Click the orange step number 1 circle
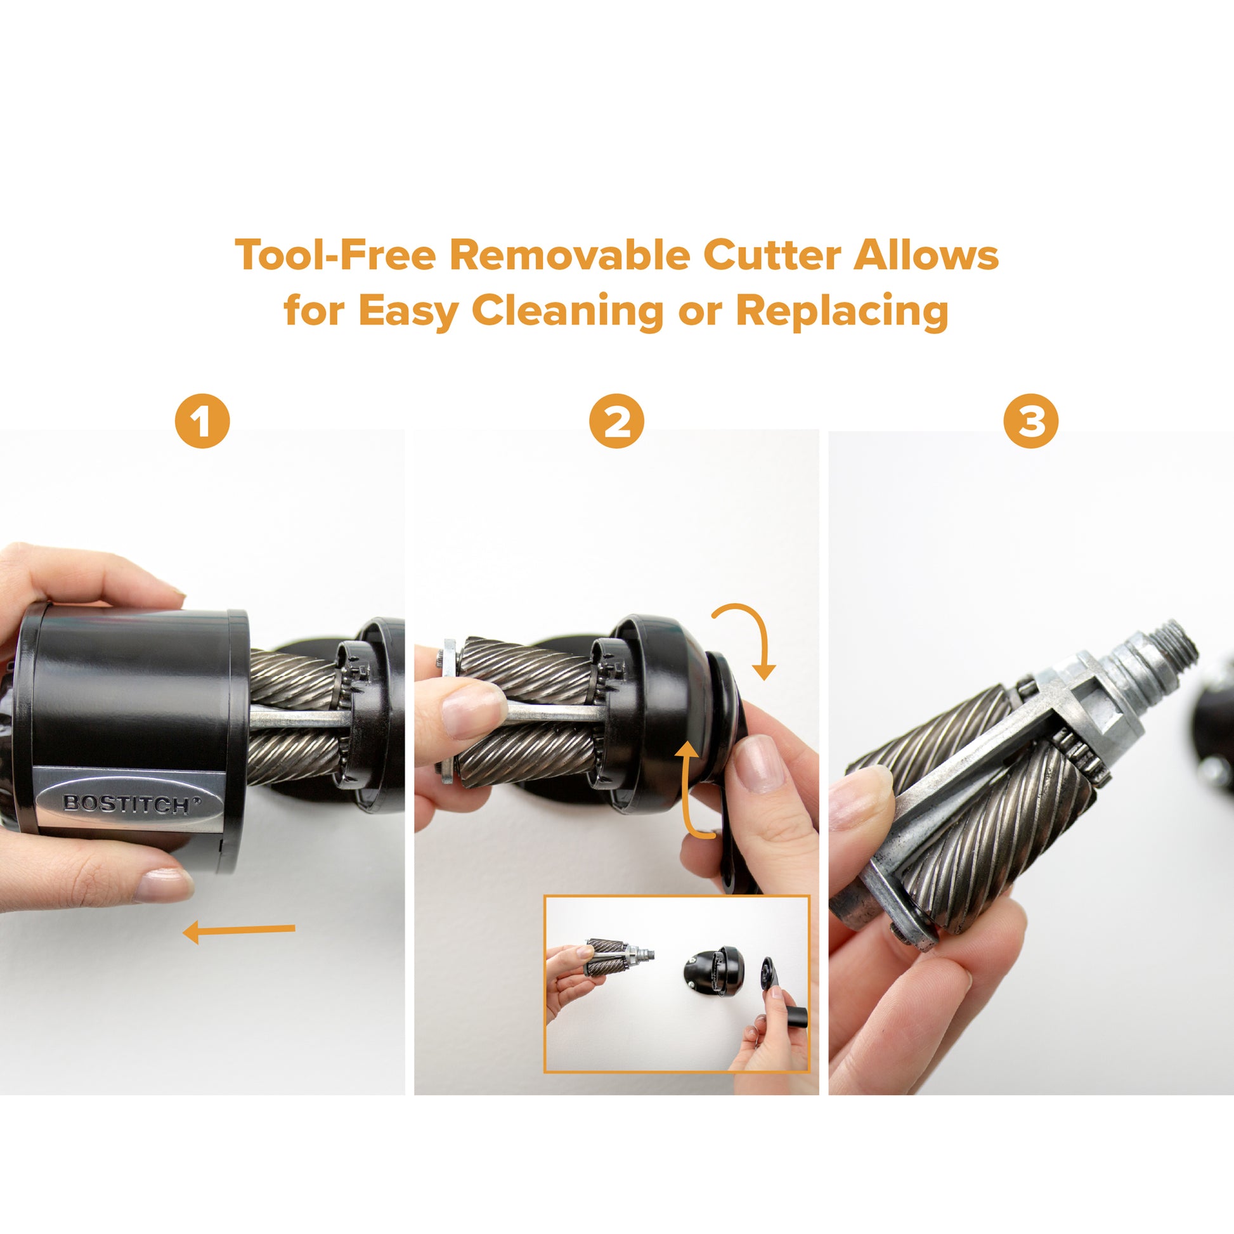(202, 421)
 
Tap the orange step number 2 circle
(616, 421)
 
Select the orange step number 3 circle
(1031, 421)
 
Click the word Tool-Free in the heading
(335, 255)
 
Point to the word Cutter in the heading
(772, 255)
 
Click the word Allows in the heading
(926, 255)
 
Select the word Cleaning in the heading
(567, 311)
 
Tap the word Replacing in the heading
(841, 311)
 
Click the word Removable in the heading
(569, 255)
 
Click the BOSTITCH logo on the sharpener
(131, 803)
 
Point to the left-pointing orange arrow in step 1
(239, 933)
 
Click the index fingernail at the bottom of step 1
(165, 885)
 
